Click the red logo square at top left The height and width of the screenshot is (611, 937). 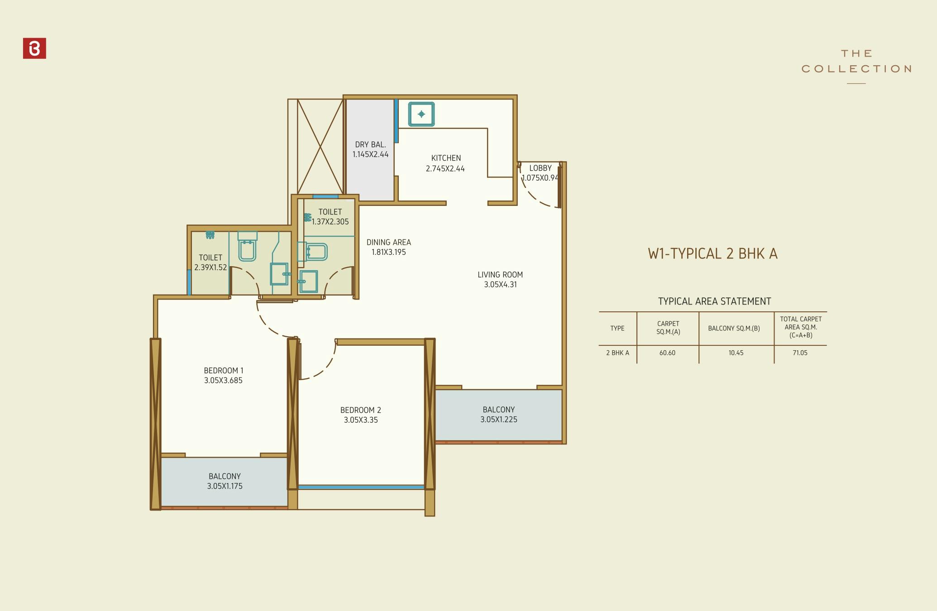click(34, 48)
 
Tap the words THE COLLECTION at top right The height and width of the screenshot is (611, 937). click(856, 62)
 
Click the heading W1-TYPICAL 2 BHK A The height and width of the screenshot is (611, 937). click(712, 253)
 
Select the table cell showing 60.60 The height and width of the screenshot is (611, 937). click(667, 353)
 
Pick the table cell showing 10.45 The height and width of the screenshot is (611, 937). click(736, 353)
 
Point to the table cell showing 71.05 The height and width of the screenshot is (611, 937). click(800, 353)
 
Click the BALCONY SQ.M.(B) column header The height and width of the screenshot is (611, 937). click(734, 329)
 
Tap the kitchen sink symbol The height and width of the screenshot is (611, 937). click(421, 114)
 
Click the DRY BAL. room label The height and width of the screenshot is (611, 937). click(370, 145)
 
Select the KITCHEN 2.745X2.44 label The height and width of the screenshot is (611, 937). click(445, 163)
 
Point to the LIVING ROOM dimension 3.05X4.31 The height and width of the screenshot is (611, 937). click(500, 285)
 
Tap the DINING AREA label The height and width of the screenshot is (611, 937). click(388, 243)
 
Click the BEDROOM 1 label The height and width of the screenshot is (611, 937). click(224, 371)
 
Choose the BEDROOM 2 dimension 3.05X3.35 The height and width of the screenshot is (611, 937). click(361, 420)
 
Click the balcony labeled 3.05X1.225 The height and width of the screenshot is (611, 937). click(498, 415)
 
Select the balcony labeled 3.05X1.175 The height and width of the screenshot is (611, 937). click(225, 481)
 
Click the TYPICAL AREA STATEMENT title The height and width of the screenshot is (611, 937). click(714, 301)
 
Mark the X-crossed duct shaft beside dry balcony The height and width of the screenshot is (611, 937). click(320, 147)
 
